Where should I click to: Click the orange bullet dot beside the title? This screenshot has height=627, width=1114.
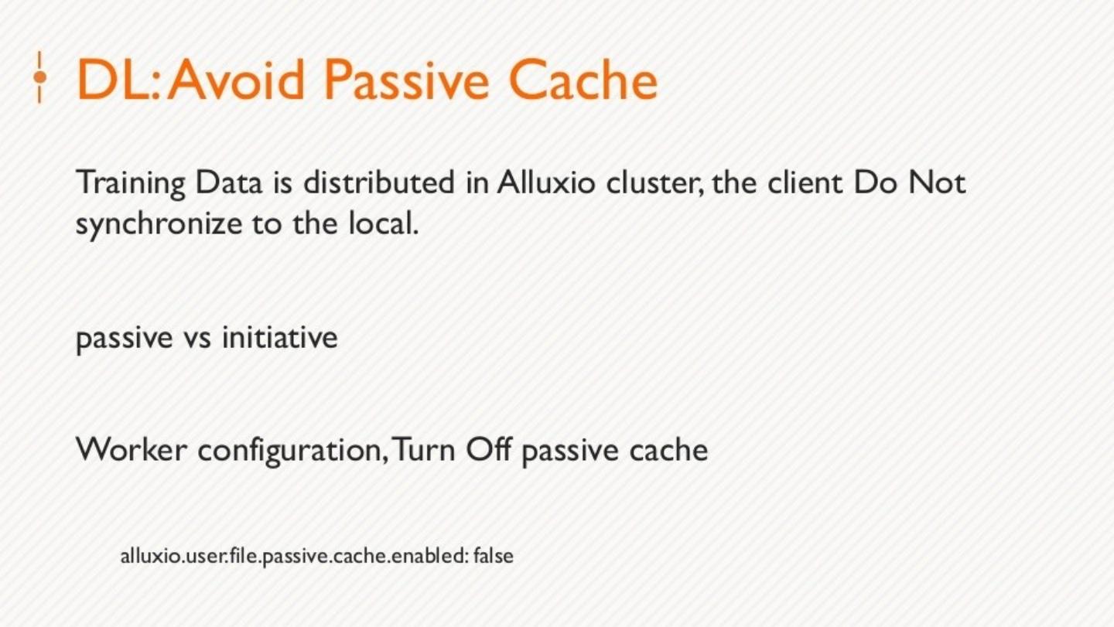click(x=39, y=77)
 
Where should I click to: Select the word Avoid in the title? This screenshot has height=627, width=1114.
click(x=237, y=79)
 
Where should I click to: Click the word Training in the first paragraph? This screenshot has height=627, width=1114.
click(x=131, y=184)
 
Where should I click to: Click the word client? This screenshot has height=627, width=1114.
click(x=809, y=184)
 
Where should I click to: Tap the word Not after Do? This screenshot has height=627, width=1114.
click(x=937, y=184)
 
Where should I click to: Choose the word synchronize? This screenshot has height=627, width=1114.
click(x=159, y=225)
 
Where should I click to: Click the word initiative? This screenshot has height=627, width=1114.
click(x=279, y=338)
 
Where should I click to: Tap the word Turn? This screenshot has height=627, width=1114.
click(x=425, y=449)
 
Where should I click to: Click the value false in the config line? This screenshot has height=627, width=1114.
click(x=494, y=556)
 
